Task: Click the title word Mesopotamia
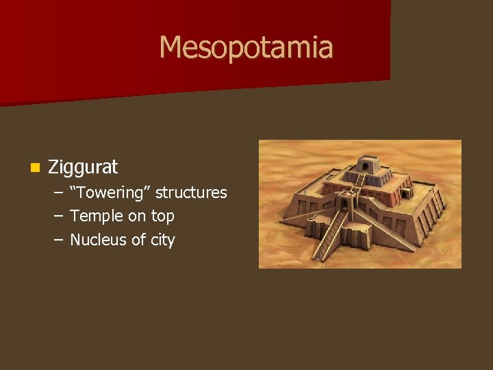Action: point(246,47)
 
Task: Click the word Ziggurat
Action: point(83,166)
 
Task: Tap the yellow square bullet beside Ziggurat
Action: point(34,167)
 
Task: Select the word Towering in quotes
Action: point(110,193)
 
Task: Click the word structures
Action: point(191,193)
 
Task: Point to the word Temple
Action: point(93,217)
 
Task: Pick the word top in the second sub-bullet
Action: point(162,217)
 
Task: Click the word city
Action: point(162,241)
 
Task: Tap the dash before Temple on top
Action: point(58,217)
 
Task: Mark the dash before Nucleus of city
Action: point(58,240)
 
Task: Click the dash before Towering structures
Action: point(58,193)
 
